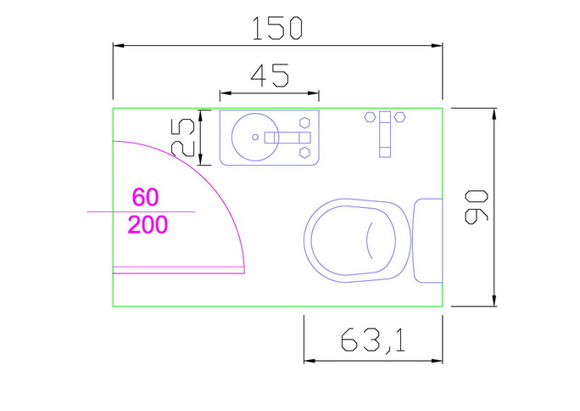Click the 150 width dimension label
coord(277,29)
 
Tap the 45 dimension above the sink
coord(270,76)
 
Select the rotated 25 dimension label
coord(183,137)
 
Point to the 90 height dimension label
coord(477,207)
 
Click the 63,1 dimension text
coord(373,341)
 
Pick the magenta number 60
coord(145,197)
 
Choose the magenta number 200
coord(148,224)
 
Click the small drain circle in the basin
coord(255,137)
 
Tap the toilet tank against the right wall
coord(427,240)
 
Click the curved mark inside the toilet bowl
coord(367,240)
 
